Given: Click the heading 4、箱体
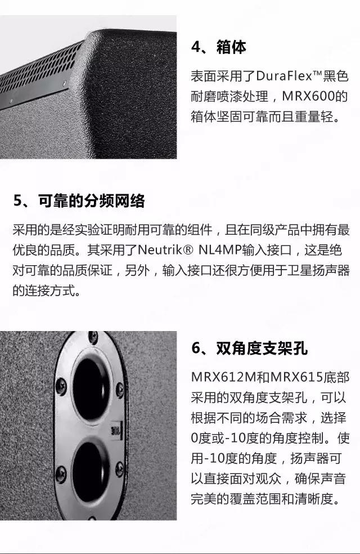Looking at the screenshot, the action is pos(218,47).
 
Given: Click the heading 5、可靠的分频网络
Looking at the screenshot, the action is pos(79,200).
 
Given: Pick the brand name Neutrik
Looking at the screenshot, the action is pos(160,250).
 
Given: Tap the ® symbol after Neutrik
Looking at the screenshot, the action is pos(188,251).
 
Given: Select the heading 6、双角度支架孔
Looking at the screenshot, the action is pos(250,349).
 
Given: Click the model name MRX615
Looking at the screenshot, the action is pos(297,377).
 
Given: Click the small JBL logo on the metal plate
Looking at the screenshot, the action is pos(116,431).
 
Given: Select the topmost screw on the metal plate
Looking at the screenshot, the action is pos(93,337).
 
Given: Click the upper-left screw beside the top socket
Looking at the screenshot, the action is pos(61,386).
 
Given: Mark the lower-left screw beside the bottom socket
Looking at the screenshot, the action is pos(61,472).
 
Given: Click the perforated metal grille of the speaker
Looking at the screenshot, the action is pos(39,74).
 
